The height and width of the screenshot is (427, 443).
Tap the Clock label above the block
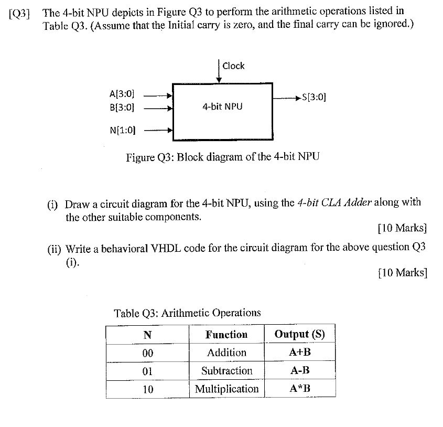click(233, 66)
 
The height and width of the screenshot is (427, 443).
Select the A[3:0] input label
click(122, 94)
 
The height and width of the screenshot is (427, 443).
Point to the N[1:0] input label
click(122, 130)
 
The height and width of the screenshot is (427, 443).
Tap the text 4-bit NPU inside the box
click(222, 106)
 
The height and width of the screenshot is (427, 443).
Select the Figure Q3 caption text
click(222, 157)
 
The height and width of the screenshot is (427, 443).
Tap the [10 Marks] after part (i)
click(402, 228)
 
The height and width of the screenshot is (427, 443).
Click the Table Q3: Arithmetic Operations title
click(187, 313)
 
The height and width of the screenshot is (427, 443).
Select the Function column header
click(226, 334)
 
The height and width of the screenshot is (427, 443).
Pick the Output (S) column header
click(299, 334)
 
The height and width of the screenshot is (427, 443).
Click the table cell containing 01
click(147, 371)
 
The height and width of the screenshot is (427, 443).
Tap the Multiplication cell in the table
click(226, 389)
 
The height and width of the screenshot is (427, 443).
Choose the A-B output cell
click(299, 371)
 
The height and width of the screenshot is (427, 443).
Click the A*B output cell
click(299, 389)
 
